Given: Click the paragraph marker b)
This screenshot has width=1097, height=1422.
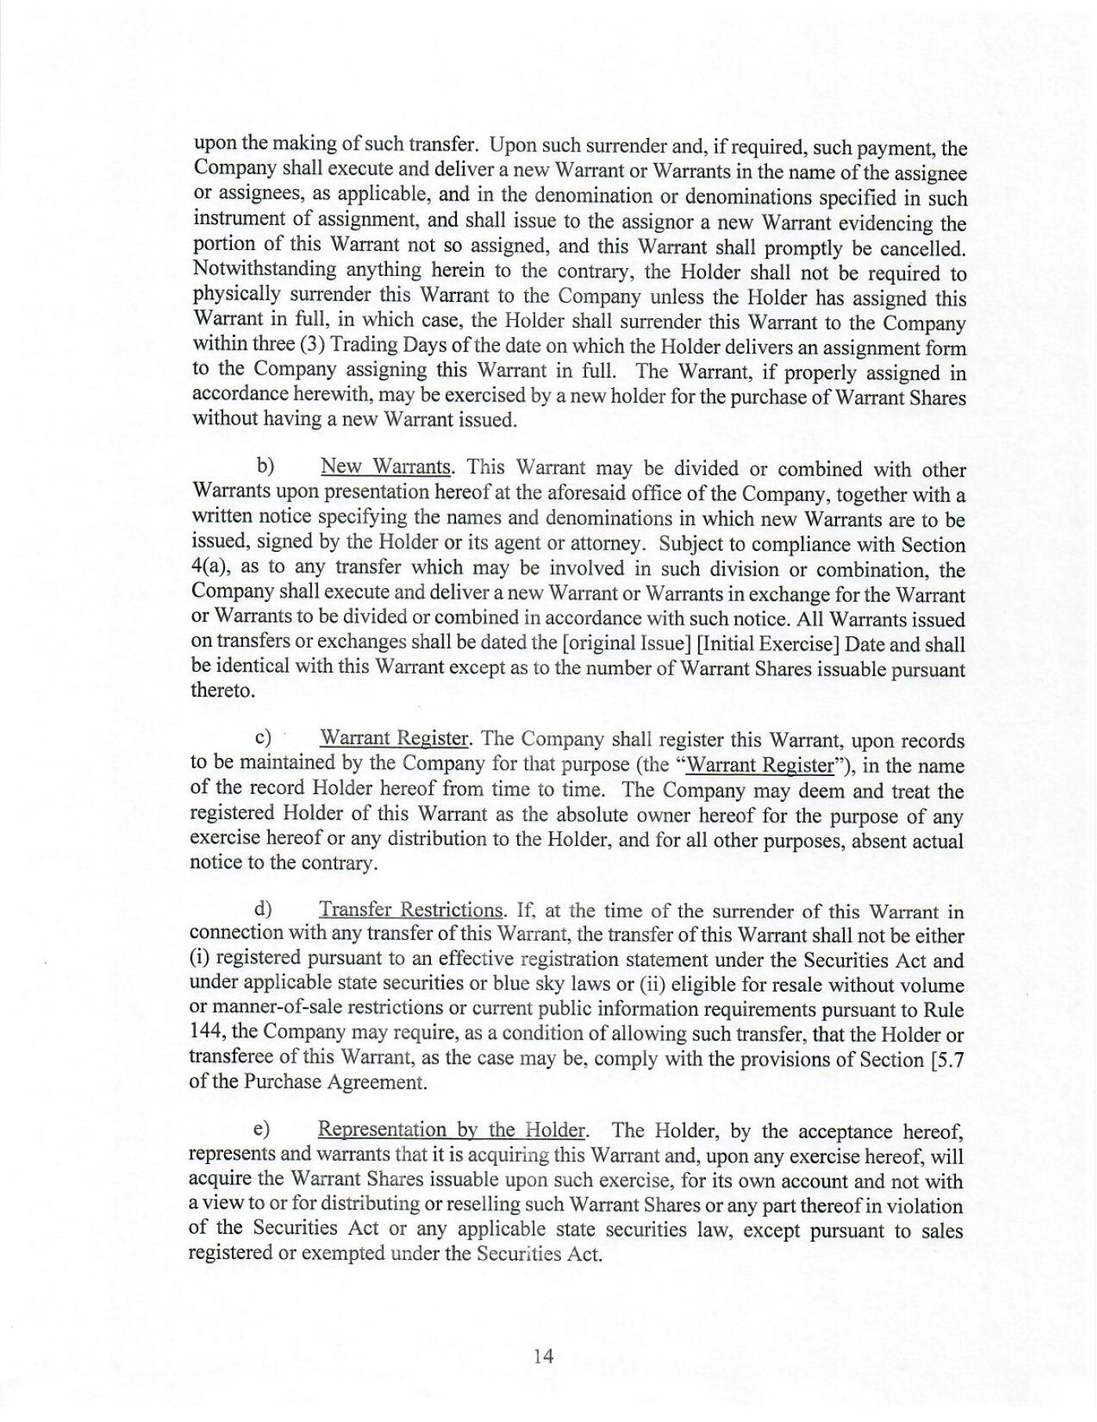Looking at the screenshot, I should [x=265, y=466].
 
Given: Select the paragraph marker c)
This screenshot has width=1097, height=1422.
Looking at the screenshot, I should [x=263, y=738].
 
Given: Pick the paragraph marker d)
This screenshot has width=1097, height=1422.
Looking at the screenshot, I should [x=263, y=909].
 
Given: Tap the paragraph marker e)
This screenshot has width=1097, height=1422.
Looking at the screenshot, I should [x=262, y=1130].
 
